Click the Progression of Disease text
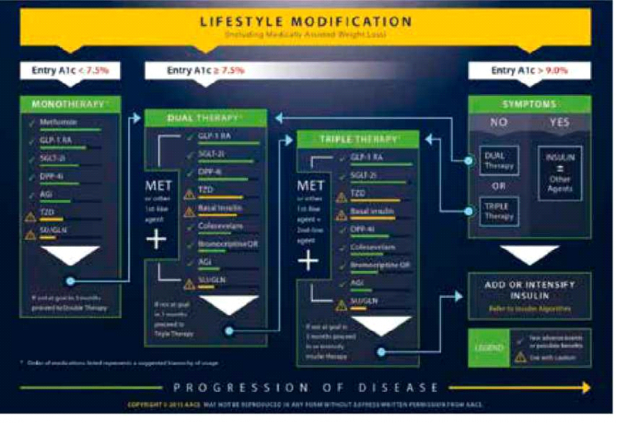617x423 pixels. point(307,387)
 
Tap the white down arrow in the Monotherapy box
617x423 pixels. point(70,254)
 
